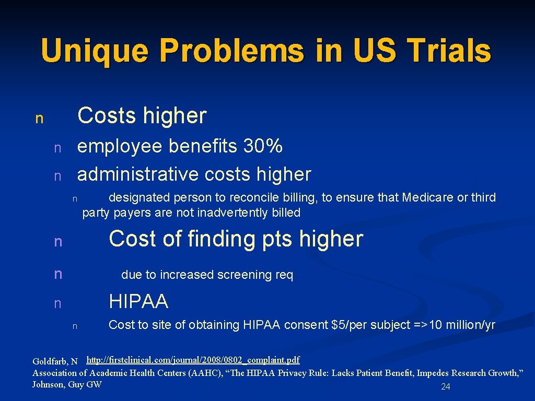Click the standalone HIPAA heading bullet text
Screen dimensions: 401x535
click(138, 301)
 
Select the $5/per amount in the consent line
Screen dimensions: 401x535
click(347, 325)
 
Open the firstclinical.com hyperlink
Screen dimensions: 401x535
click(193, 360)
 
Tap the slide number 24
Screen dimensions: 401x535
click(446, 387)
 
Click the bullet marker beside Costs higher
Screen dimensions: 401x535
click(39, 119)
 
